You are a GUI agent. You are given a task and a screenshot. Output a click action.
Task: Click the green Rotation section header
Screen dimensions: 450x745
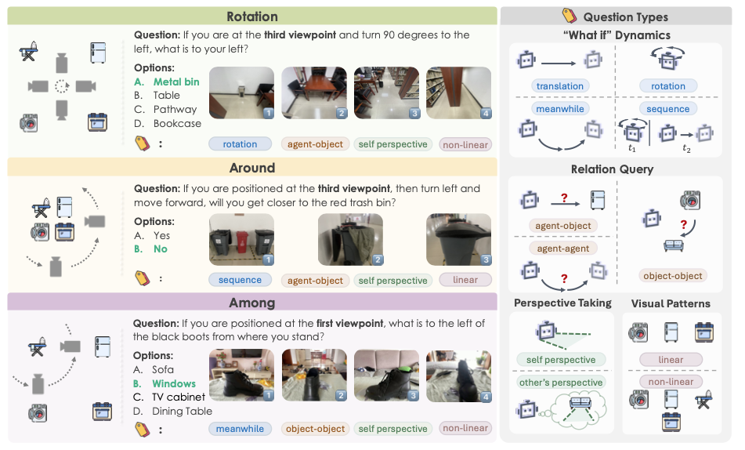pyautogui.click(x=251, y=16)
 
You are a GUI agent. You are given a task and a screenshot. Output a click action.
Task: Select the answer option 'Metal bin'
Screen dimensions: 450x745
pyautogui.click(x=175, y=82)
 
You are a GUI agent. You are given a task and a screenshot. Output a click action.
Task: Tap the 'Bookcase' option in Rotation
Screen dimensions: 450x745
pyautogui.click(x=177, y=123)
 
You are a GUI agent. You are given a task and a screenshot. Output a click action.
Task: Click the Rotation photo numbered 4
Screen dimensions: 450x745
pyautogui.click(x=458, y=93)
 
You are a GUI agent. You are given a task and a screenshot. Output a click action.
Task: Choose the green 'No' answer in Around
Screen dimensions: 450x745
pyautogui.click(x=161, y=249)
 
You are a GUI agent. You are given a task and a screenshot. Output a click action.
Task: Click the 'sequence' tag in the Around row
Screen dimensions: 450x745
pyautogui.click(x=240, y=280)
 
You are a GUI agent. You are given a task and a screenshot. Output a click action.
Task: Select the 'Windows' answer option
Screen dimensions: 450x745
pyautogui.click(x=174, y=383)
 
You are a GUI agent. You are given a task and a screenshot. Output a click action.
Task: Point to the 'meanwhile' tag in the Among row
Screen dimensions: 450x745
pyautogui.click(x=240, y=428)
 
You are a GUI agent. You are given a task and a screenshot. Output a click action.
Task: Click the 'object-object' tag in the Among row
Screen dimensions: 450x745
pyautogui.click(x=315, y=428)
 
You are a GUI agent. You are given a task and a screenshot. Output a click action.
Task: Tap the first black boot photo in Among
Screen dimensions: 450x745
pyautogui.click(x=241, y=375)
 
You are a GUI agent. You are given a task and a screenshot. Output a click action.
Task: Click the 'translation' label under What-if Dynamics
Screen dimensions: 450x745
pyautogui.click(x=559, y=86)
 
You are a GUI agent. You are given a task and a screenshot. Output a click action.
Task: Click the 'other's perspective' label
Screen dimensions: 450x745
pyautogui.click(x=560, y=383)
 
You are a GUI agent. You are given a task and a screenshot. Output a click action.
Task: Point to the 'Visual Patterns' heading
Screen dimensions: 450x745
pyautogui.click(x=670, y=303)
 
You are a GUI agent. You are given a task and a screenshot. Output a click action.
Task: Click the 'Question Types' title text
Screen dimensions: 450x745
pyautogui.click(x=626, y=16)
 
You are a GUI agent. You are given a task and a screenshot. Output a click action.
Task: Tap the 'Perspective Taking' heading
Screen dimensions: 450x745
pyautogui.click(x=562, y=303)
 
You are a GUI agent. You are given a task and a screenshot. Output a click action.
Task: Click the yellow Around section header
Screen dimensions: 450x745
pyautogui.click(x=251, y=167)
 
